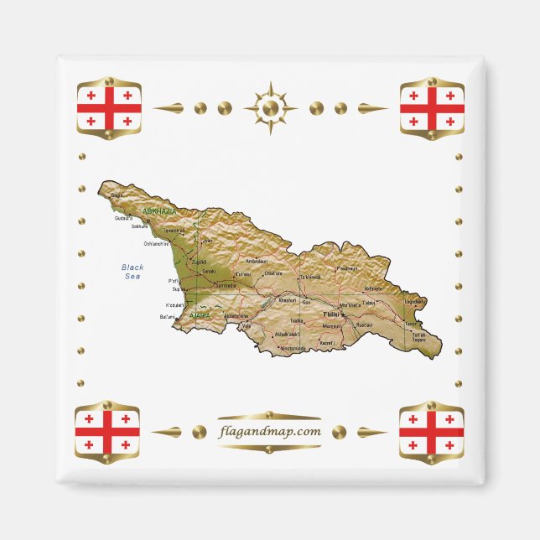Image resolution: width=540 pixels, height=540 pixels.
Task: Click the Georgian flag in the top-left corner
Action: click(108, 108)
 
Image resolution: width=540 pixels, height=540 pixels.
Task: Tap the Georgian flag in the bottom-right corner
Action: click(431, 431)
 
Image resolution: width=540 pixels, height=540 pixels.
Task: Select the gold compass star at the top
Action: click(270, 108)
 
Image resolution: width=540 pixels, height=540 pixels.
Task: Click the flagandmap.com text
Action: click(269, 431)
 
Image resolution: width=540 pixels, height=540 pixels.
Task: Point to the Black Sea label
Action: click(132, 272)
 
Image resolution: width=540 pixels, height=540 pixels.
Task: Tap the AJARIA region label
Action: click(201, 315)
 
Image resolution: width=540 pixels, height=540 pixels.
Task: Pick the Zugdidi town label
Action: click(200, 262)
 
